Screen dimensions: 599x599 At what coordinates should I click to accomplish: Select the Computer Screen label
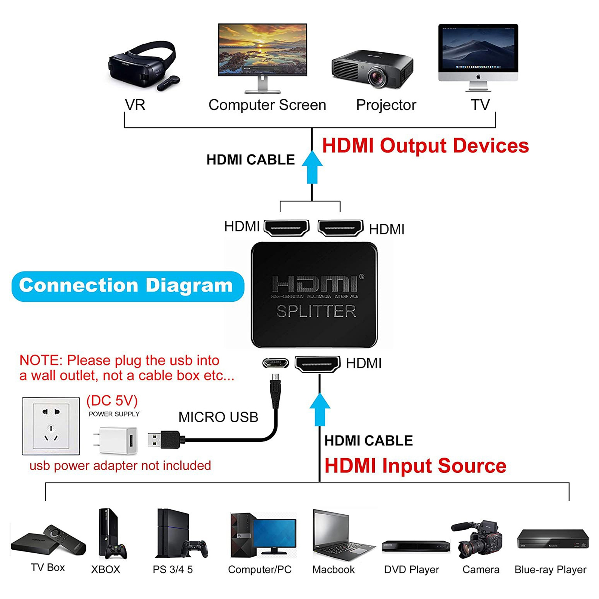[267, 105]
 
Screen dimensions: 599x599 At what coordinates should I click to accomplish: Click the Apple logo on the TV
[478, 77]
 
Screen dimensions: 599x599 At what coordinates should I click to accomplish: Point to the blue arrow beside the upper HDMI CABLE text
[312, 167]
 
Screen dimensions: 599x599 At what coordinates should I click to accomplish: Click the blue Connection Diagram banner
[128, 286]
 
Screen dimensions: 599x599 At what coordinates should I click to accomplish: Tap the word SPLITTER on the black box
[316, 311]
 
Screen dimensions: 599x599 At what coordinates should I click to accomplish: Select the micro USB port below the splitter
[276, 363]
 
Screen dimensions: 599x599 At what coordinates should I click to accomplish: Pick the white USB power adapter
[115, 441]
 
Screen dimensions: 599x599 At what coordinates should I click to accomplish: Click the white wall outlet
[51, 426]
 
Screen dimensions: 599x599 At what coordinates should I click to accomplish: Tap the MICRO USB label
[218, 417]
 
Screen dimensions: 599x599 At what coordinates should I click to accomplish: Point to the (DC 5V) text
[112, 401]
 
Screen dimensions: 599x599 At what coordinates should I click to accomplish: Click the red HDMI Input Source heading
[415, 466]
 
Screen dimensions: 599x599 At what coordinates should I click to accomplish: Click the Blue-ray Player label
[550, 569]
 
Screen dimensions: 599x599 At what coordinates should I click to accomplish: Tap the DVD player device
[416, 546]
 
